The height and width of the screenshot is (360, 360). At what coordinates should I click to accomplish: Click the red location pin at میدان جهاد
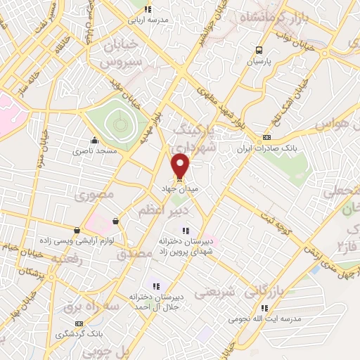pos(181,166)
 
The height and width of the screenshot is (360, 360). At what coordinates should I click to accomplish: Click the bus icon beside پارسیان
pos(259,50)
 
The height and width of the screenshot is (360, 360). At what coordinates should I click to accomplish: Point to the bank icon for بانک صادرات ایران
pos(266,137)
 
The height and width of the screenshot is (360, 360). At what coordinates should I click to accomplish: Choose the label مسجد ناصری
pos(89,151)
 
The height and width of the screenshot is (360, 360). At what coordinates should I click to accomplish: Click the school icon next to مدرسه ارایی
pos(147,9)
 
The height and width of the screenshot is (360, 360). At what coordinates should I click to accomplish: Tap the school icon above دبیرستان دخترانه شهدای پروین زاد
pos(184,231)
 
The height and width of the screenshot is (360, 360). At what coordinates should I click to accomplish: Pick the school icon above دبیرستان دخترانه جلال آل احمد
pos(156,286)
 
